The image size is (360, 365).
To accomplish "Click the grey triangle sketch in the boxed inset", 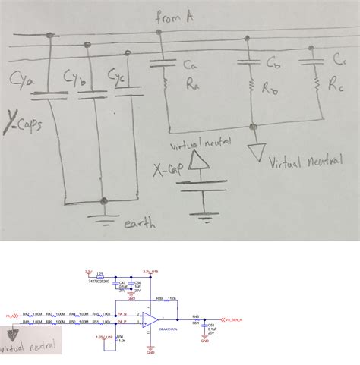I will tap(14, 335).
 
